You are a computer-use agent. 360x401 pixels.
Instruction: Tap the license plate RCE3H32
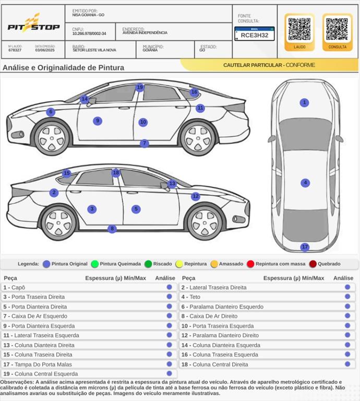(254, 34)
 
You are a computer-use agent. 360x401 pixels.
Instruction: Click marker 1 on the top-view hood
(305, 103)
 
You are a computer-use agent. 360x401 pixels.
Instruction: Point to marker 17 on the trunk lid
(305, 247)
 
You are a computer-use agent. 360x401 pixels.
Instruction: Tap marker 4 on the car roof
(305, 183)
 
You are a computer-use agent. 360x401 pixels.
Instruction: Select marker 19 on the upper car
(139, 88)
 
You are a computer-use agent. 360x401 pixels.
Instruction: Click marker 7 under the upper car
(145, 144)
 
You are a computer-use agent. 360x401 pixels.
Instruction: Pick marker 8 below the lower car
(112, 229)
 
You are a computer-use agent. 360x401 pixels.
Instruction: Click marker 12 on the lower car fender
(195, 196)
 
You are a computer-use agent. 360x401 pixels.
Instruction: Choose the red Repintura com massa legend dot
(250, 264)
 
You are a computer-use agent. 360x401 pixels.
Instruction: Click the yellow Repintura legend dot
(179, 264)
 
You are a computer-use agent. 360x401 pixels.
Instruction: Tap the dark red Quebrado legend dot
(313, 264)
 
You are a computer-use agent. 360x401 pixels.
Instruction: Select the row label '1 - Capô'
(15, 288)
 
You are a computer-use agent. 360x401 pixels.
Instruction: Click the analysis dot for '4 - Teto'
(347, 297)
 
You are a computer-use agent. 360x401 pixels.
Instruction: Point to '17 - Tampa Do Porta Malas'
(38, 364)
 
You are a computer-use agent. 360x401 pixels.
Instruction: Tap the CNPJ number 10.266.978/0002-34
(89, 33)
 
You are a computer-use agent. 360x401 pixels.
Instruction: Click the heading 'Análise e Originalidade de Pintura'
(63, 67)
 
